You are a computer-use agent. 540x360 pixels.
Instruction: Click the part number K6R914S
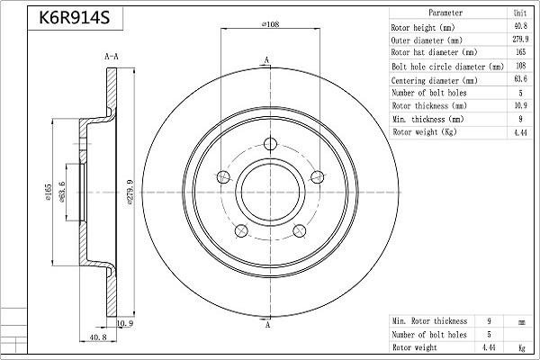click(x=75, y=18)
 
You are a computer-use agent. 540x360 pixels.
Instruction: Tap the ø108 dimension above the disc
click(x=270, y=24)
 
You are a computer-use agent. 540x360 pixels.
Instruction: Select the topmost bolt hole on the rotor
click(x=270, y=144)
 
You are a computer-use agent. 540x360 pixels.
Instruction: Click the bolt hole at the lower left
click(x=241, y=230)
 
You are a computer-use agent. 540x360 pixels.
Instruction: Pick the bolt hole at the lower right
click(x=300, y=230)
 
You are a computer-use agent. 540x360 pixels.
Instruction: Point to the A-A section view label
click(x=112, y=56)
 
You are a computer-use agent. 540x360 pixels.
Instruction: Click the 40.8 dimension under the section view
click(x=98, y=337)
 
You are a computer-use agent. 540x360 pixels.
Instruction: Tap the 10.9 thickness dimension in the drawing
click(x=125, y=323)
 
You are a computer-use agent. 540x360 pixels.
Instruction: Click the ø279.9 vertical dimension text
click(x=130, y=193)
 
